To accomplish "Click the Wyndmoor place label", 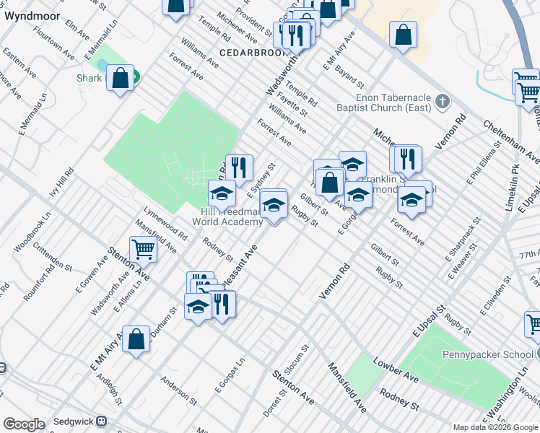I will [25, 14].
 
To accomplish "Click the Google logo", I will [24, 424].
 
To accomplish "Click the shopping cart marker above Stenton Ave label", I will [144, 249].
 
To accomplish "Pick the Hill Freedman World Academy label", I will [232, 216].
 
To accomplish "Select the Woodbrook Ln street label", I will [32, 231].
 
